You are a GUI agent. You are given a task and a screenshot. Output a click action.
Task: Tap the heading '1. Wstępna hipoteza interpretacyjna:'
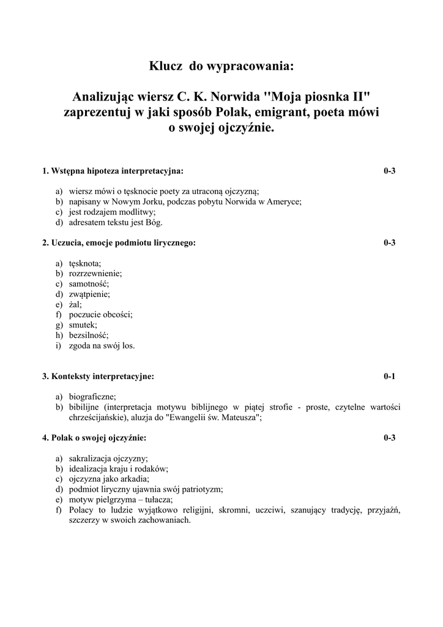[x=113, y=171]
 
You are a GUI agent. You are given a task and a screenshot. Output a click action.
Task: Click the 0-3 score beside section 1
[x=390, y=171]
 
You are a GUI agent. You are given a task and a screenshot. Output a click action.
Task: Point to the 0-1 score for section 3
[x=390, y=377]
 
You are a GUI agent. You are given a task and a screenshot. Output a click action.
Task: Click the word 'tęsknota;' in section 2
[x=85, y=263]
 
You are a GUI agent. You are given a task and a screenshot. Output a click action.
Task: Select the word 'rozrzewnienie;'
[x=95, y=273]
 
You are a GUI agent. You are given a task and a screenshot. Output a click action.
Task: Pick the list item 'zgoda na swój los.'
[x=102, y=345]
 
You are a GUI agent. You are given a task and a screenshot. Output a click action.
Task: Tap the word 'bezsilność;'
[x=89, y=335]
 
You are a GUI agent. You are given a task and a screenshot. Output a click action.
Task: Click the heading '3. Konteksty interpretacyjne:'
[x=98, y=377]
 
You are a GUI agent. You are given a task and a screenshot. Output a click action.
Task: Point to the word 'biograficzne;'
[x=92, y=397]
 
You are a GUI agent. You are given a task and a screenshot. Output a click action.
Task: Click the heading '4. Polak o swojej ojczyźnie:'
[x=94, y=438]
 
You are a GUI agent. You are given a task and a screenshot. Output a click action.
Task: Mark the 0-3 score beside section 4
[x=390, y=438]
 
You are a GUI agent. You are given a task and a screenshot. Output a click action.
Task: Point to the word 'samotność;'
[x=89, y=283]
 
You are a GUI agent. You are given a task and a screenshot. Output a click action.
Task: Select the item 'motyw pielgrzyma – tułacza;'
[x=121, y=500]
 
